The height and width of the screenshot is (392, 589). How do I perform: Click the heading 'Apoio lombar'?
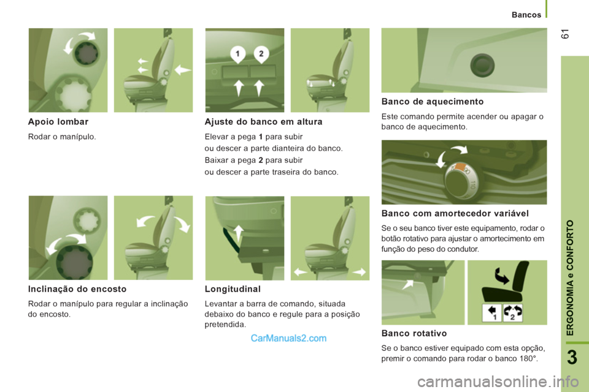pos(58,121)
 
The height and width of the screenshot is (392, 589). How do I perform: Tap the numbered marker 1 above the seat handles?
pos(238,54)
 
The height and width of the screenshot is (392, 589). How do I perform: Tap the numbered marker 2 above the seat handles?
pos(261,54)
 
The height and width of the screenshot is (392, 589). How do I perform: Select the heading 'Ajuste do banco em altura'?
pos(263,121)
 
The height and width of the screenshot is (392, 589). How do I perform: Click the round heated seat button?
pos(482,66)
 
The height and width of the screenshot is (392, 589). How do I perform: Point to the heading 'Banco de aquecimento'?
pos(433,101)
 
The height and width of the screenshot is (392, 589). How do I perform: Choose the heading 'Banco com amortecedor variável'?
pos(455,213)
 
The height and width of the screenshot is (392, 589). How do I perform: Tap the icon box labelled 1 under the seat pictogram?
pos(491,313)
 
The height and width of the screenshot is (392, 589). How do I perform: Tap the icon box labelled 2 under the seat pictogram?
pos(513,313)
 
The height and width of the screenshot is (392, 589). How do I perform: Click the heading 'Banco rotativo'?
pos(414,333)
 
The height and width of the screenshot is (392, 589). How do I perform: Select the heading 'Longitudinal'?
pos(233,289)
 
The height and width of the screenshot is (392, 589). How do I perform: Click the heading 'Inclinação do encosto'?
pos(77,289)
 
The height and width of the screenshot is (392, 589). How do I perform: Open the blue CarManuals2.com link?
pos(288,338)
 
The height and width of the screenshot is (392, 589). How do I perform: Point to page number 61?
pos(565,34)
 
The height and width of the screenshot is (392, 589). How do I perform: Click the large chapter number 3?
pos(572,357)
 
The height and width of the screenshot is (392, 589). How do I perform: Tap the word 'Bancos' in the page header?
pos(526,15)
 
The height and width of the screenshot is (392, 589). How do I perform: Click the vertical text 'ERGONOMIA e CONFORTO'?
pos(570,277)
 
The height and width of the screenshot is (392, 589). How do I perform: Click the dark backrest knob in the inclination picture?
pos(74,262)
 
